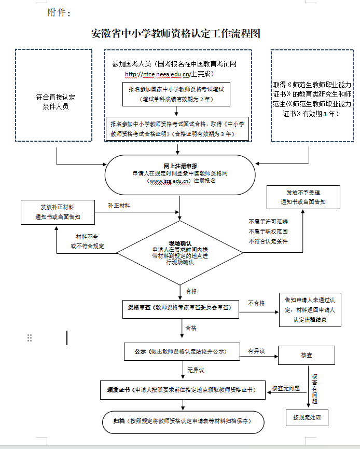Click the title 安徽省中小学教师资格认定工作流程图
tap(176, 34)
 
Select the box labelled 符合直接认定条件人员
tap(54, 96)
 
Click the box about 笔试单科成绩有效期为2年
tap(176, 94)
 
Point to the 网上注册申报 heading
tap(181, 166)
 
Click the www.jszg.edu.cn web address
tap(169, 181)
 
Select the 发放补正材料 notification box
tap(58, 212)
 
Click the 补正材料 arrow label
tap(119, 206)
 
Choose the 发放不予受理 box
tap(303, 197)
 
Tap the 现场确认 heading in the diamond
tap(180, 243)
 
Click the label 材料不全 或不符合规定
tap(87, 241)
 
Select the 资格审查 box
tap(181, 309)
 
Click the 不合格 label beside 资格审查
tap(256, 303)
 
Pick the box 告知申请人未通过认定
tap(310, 310)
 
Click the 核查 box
tap(307, 355)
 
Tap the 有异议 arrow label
tap(256, 351)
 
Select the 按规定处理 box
tap(307, 418)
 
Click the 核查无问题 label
tap(286, 388)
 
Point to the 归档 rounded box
tap(183, 423)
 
